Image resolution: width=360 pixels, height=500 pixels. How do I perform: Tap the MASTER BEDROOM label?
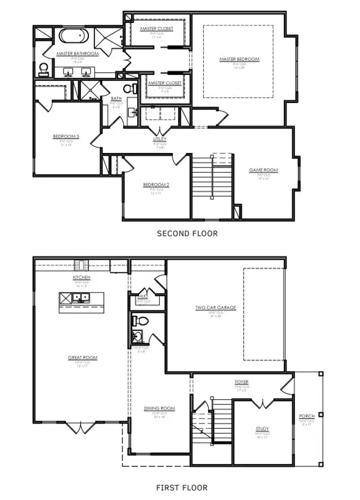(x=240, y=59)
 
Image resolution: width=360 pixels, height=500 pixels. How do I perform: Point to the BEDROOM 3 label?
(x=66, y=136)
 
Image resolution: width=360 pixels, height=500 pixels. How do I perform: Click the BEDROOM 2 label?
(x=156, y=184)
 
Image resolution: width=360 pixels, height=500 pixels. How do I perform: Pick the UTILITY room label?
(x=159, y=139)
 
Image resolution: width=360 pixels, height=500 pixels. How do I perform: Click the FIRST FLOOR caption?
(x=181, y=488)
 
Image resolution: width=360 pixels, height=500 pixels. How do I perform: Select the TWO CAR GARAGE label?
(x=215, y=308)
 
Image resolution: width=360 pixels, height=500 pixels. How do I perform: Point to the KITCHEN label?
(x=82, y=278)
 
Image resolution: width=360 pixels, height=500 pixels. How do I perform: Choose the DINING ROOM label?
(x=159, y=408)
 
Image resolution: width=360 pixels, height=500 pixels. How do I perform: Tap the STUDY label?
(x=262, y=429)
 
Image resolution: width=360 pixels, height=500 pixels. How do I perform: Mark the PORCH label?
(x=307, y=416)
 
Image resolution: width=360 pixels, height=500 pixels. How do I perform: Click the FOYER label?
(x=242, y=382)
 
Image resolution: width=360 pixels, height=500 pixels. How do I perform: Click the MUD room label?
(x=142, y=295)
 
